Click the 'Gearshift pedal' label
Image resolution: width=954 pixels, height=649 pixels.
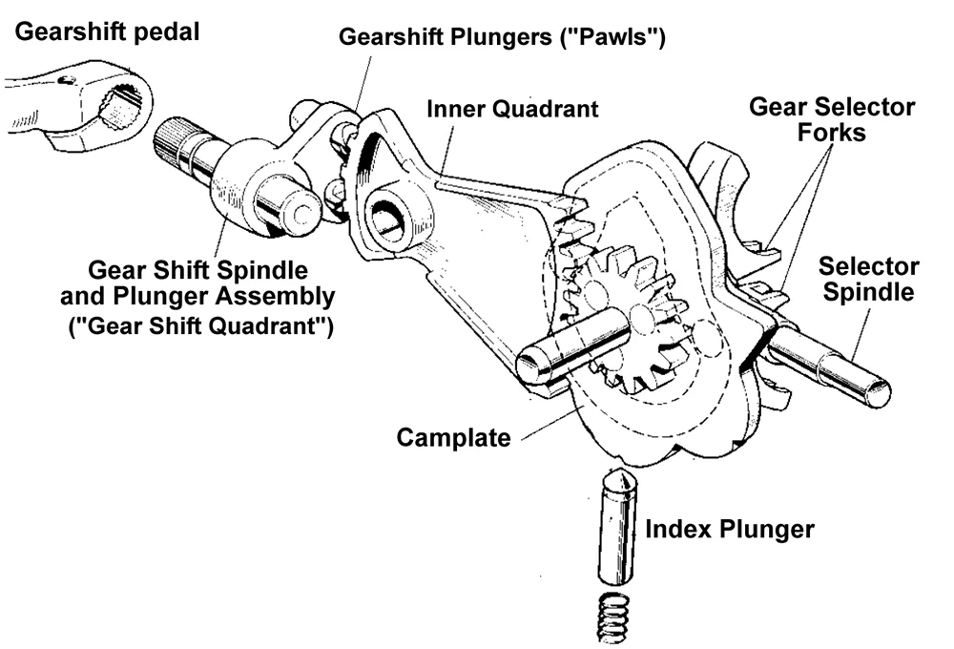(x=108, y=31)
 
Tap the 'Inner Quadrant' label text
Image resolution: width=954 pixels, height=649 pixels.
(x=513, y=108)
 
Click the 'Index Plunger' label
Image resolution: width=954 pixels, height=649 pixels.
(x=729, y=529)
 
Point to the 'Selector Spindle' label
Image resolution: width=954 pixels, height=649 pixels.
(x=868, y=279)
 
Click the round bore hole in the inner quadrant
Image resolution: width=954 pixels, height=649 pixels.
(x=390, y=216)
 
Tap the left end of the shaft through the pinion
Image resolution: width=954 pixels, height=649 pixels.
(x=530, y=364)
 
